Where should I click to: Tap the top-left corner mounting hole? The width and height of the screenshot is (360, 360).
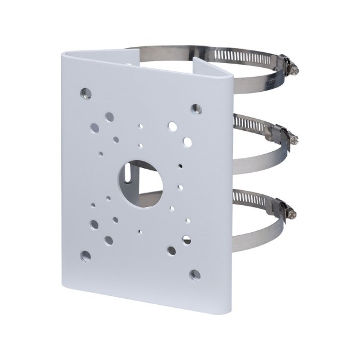point(86,94)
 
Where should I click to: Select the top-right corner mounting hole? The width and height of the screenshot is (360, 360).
point(196,109)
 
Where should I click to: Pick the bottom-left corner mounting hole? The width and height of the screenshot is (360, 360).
point(86,256)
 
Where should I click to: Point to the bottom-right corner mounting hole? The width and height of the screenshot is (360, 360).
point(194,274)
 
